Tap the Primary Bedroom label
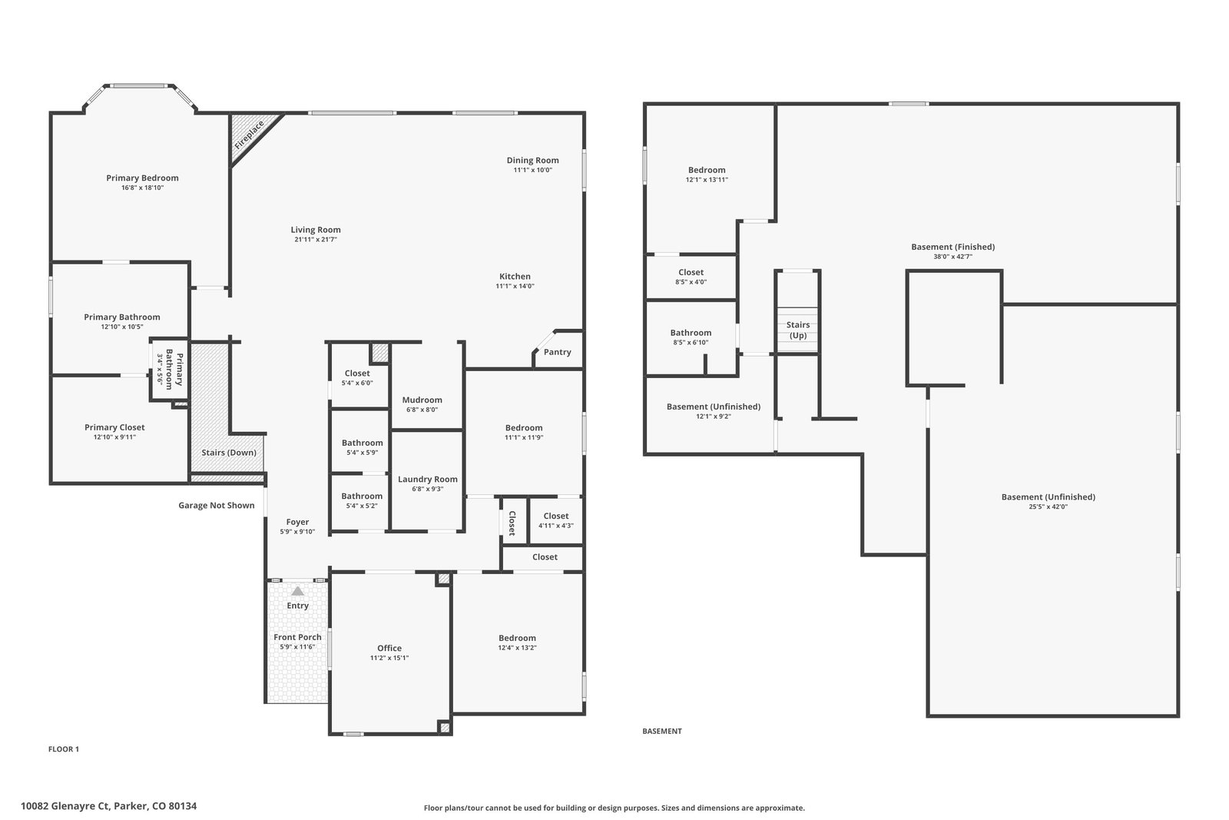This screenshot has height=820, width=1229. (142, 178)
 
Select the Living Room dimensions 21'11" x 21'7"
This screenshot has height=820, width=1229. (316, 240)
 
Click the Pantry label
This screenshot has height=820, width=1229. (558, 353)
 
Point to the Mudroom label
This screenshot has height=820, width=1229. (422, 400)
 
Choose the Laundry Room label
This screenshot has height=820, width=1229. (427, 479)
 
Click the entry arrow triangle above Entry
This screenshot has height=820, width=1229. (297, 591)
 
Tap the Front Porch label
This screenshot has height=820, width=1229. (297, 637)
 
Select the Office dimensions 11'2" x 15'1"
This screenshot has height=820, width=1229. (389, 658)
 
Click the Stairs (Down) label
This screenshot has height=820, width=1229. (229, 453)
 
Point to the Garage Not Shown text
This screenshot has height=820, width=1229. (216, 506)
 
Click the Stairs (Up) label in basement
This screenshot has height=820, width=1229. (798, 330)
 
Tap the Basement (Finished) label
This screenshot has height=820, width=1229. (953, 247)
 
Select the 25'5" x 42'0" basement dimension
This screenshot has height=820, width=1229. (1048, 507)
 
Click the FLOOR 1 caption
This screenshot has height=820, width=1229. (64, 749)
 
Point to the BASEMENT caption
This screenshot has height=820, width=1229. (662, 731)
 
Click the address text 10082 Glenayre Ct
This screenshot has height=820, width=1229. (65, 806)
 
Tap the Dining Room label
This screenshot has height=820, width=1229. (533, 161)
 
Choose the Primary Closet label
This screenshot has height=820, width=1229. (114, 427)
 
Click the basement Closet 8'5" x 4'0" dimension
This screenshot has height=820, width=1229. (691, 282)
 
